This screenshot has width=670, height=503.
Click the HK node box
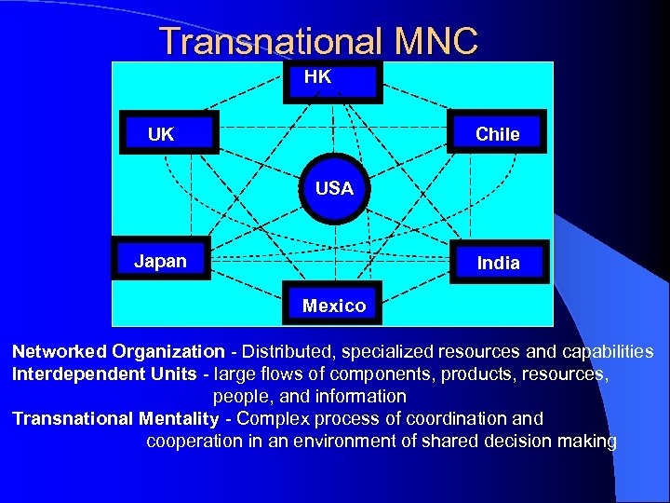pos(333,80)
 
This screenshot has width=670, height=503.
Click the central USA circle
pos(334,188)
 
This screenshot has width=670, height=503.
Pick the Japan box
pos(162,261)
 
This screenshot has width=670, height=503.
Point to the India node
pos(498,262)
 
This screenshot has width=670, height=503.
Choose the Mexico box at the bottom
pos(333,304)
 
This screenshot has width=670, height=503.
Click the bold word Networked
pos(59,352)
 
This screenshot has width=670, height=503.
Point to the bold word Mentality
pos(178,419)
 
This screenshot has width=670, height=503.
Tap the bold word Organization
pos(168,352)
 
